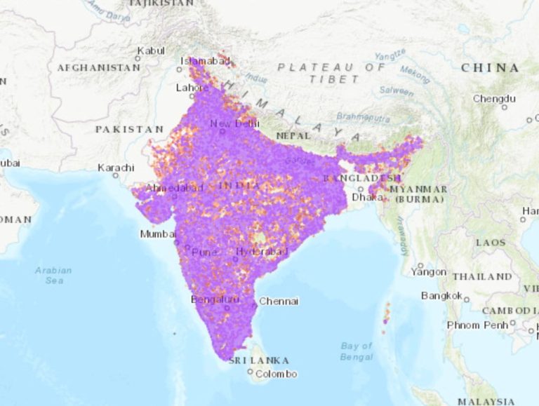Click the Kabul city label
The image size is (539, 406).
click(151, 50)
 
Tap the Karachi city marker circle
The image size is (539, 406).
click(117, 175)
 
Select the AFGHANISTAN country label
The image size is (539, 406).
click(98, 68)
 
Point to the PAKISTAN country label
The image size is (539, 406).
click(129, 130)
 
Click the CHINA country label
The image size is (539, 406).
click(491, 68)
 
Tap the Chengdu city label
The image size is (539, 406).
click(494, 99)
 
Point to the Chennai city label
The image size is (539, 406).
click(279, 302)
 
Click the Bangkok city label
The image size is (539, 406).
click(441, 296)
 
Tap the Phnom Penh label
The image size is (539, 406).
click(477, 325)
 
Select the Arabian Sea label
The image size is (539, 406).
click(54, 275)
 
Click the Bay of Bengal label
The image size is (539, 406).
click(356, 351)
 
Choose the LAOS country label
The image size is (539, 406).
click(490, 242)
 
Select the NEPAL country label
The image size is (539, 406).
click(293, 135)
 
